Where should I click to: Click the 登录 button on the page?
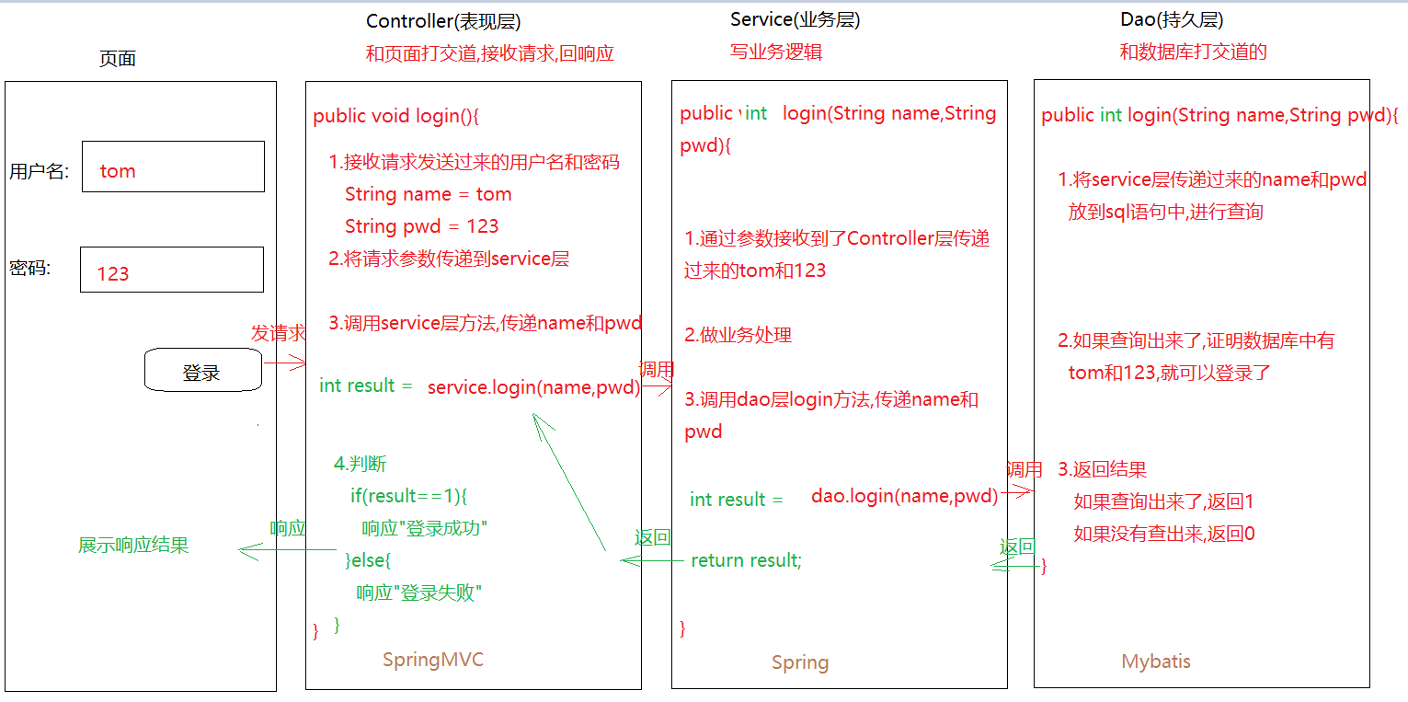(x=202, y=372)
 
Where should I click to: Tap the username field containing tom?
(x=173, y=167)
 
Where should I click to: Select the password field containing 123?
(x=172, y=270)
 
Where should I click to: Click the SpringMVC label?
(x=432, y=660)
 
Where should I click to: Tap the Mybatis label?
(x=1156, y=662)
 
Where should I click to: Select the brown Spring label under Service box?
(x=799, y=662)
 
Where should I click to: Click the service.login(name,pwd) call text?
(x=533, y=387)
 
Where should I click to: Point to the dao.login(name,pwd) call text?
(x=904, y=497)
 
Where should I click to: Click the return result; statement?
(x=746, y=560)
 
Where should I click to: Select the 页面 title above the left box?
(x=117, y=59)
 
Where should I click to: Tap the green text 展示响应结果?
(x=133, y=546)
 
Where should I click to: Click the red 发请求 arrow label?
(x=278, y=334)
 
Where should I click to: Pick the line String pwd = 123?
(x=421, y=226)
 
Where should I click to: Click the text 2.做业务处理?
(x=738, y=335)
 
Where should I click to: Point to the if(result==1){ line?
(x=409, y=497)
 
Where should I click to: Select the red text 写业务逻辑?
(x=776, y=52)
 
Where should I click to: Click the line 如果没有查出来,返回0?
(x=1163, y=534)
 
